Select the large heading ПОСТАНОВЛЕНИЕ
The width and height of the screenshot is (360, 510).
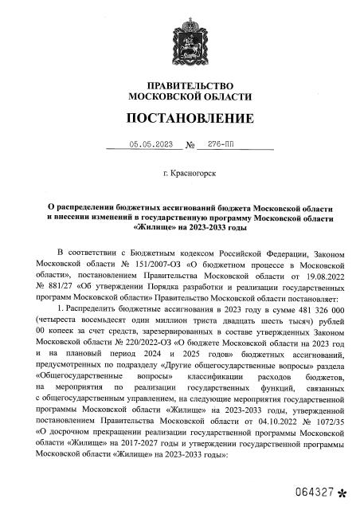[x=185, y=119]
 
